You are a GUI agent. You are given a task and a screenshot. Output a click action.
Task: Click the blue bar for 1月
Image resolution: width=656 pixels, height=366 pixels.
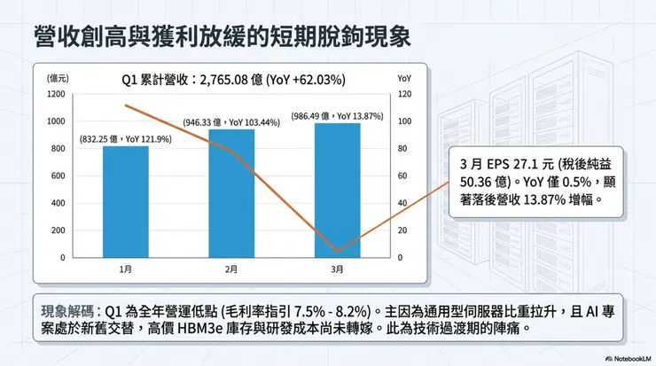click(125, 202)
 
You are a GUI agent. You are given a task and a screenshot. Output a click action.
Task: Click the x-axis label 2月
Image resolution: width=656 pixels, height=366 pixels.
click(231, 269)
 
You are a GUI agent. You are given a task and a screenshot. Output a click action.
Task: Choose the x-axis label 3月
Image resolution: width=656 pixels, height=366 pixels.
click(337, 269)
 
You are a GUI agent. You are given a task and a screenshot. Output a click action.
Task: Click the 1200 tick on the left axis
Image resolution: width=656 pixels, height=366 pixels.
click(56, 93)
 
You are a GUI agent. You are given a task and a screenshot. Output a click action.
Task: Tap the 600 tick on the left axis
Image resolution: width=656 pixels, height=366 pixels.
click(58, 175)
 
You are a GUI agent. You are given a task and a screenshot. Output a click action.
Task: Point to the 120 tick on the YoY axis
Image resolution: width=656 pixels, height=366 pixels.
click(404, 93)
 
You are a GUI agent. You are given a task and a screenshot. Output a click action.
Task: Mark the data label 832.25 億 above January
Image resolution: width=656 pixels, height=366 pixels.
click(125, 138)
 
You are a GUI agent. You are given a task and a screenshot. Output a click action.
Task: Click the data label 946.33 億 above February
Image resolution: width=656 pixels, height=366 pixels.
click(231, 122)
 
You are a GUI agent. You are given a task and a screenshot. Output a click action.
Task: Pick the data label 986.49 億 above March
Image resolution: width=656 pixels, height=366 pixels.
click(338, 116)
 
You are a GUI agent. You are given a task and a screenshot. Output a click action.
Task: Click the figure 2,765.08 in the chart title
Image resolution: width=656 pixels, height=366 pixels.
click(225, 79)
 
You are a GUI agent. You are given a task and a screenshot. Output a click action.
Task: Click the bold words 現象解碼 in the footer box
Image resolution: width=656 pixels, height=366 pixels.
click(70, 312)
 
